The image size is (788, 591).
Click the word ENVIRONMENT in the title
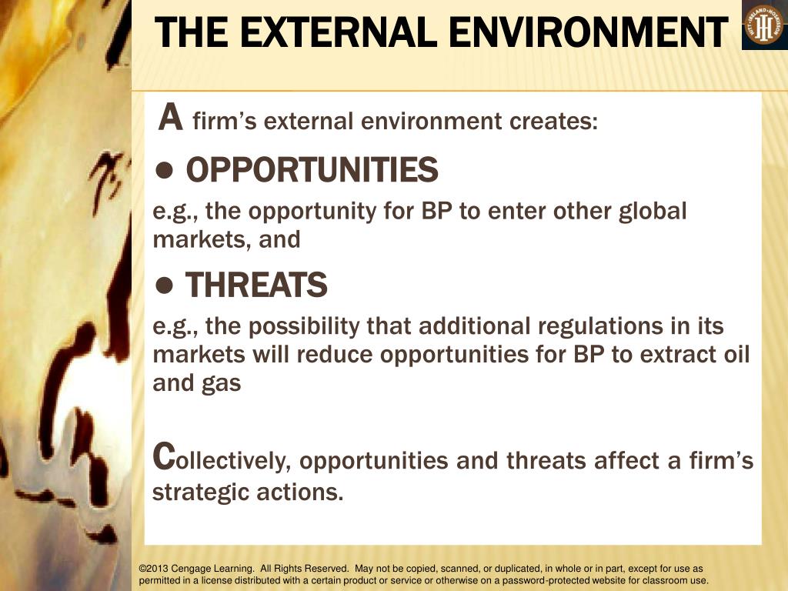(589, 32)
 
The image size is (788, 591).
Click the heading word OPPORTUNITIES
(312, 170)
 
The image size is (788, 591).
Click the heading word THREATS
(256, 286)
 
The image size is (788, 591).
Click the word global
(653, 211)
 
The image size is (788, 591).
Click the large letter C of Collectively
(162, 456)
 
